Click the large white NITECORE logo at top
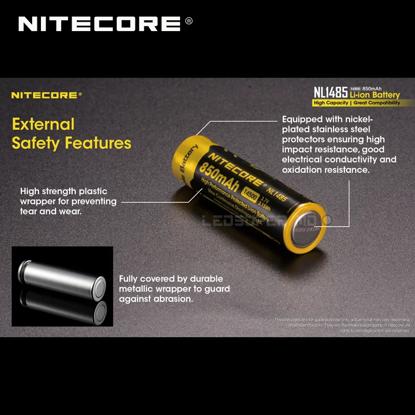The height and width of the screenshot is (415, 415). [99, 24]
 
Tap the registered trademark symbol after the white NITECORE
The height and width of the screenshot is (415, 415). [188, 21]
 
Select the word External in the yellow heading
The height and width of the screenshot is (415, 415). [44, 125]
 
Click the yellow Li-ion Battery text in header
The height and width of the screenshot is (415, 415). [375, 95]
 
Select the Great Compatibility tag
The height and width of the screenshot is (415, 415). [377, 103]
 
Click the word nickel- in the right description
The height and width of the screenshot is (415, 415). [358, 119]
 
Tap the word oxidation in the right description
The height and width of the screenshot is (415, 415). [304, 170]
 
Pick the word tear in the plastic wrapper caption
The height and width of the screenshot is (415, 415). [30, 211]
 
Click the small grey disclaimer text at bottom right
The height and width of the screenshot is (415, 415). [342, 325]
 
